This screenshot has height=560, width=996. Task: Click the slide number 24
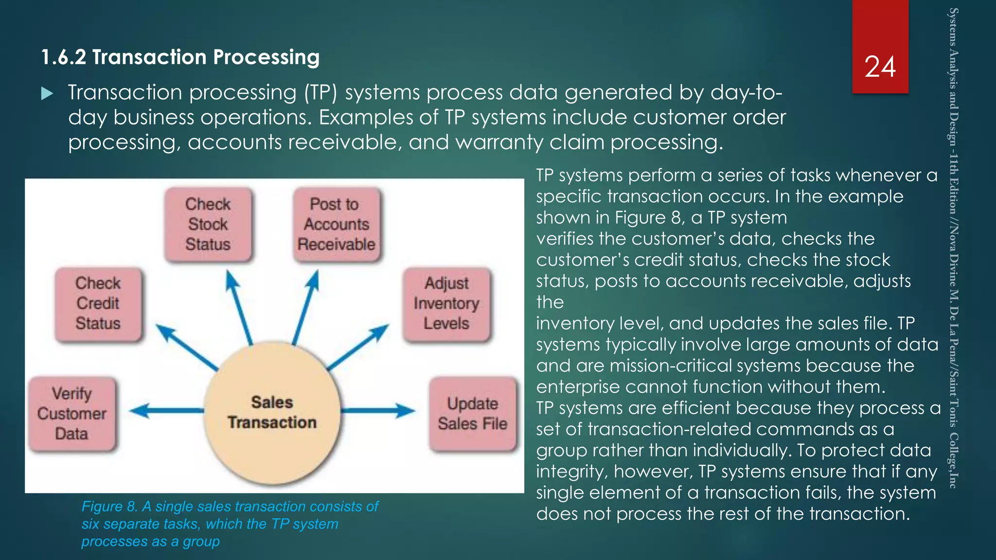tap(880, 67)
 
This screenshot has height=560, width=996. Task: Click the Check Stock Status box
tap(208, 225)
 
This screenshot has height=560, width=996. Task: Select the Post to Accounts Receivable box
tap(337, 225)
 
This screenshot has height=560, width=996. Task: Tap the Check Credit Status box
tap(98, 304)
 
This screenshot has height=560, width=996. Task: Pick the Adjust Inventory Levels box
tap(446, 304)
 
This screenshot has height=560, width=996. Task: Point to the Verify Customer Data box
tap(72, 414)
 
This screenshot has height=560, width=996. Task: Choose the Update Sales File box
tap(472, 414)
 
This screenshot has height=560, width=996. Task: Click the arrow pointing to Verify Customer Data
tap(165, 411)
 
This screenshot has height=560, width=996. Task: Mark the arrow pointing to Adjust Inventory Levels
tap(359, 347)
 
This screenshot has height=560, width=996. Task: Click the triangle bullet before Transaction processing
tap(47, 93)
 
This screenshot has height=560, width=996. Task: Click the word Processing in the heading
tap(266, 57)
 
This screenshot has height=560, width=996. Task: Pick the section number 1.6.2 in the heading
tap(64, 57)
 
